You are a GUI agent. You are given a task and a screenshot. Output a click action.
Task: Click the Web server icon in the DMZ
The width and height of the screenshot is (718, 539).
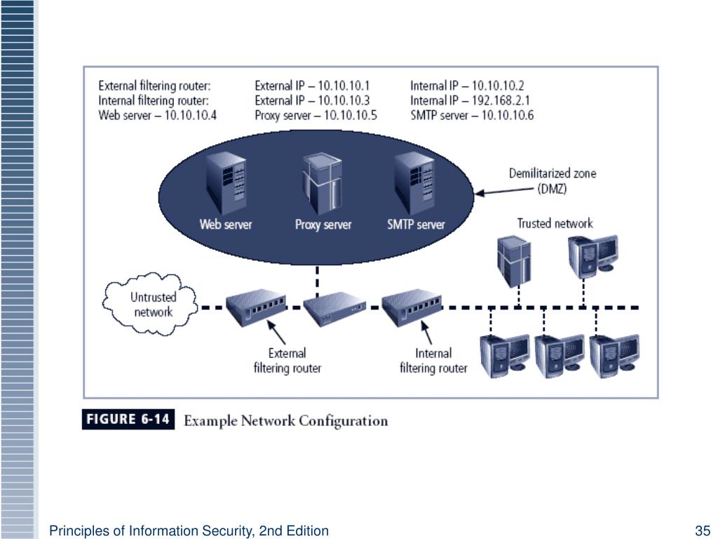pos(226,183)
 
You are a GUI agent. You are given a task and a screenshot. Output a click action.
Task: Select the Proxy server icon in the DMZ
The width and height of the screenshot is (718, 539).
pos(322,184)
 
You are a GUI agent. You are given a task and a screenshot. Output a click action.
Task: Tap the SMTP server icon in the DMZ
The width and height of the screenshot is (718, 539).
pos(414,183)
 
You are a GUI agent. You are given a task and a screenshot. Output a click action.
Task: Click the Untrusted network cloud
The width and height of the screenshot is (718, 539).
pos(150,304)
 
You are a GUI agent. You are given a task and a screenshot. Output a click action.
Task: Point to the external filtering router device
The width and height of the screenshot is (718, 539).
pos(257,307)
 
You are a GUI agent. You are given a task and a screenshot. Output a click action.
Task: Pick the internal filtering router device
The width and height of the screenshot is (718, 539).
pos(412,307)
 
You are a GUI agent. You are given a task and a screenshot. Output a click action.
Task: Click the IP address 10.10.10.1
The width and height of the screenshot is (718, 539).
pos(344,86)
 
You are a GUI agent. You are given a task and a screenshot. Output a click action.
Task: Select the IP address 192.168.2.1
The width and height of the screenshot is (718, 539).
pos(501,100)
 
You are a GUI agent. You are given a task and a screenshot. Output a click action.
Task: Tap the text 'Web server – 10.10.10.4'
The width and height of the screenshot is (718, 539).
pos(158,115)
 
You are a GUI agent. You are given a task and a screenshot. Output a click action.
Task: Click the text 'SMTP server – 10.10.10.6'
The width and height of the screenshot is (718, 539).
pos(472,115)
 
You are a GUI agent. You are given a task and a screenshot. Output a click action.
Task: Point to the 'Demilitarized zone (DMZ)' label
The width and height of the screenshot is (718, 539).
pos(553,180)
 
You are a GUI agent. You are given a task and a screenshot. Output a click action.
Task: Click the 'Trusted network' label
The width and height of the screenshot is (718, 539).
pos(555,223)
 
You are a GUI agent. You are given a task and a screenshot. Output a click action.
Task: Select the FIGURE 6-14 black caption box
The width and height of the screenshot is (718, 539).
pos(128,420)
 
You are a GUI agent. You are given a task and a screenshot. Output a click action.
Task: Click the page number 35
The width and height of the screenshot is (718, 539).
pos(703,531)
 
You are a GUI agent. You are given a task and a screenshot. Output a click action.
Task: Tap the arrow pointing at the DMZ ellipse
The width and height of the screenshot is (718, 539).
pos(504,191)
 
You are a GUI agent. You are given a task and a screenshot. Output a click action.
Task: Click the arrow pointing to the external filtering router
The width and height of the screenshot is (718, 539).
pos(276,332)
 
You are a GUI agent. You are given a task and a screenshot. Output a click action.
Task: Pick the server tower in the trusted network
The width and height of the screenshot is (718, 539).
pos(514,261)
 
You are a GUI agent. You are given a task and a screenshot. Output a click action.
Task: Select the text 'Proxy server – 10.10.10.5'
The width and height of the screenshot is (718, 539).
pos(316,115)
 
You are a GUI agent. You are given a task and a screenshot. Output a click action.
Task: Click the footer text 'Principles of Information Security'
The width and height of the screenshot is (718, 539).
pos(151,531)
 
